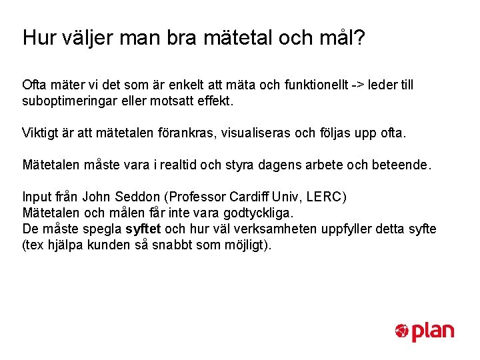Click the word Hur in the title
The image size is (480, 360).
(x=37, y=37)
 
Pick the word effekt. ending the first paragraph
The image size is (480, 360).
(x=217, y=103)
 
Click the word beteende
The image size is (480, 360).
(x=403, y=164)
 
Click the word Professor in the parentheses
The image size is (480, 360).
(x=197, y=197)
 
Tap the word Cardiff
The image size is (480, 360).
(x=251, y=197)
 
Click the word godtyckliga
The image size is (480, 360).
(x=255, y=213)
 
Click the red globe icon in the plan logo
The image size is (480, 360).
(x=401, y=331)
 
